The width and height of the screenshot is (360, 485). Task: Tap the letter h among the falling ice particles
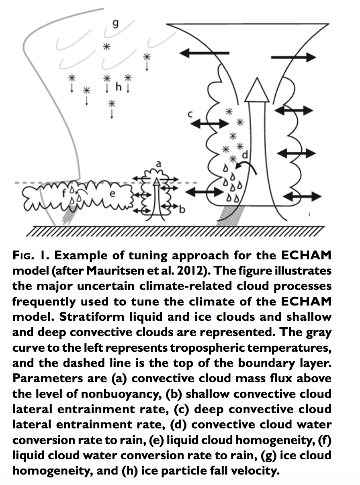pyautogui.click(x=118, y=86)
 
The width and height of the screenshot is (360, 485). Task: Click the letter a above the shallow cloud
pyautogui.click(x=158, y=163)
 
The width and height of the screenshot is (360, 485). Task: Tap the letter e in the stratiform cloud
pyautogui.click(x=112, y=194)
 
